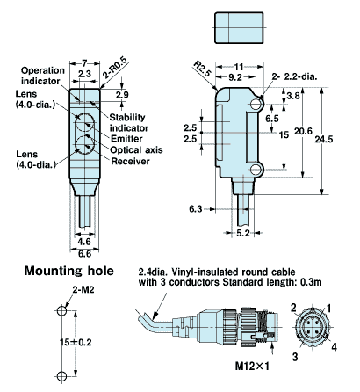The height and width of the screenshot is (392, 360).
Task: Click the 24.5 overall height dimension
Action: tap(324, 139)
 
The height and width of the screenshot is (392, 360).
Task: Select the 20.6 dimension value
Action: tap(303, 131)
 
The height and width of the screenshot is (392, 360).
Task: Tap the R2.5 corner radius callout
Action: tap(202, 69)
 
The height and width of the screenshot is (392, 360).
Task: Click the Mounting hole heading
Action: tap(68, 271)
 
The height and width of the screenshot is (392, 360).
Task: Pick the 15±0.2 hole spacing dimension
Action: tap(76, 342)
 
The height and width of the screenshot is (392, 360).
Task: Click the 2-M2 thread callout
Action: tap(83, 290)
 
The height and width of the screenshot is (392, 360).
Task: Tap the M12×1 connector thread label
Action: tap(252, 366)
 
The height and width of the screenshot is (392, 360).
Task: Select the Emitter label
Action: tap(126, 139)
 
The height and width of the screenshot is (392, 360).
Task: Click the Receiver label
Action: tap(130, 161)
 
